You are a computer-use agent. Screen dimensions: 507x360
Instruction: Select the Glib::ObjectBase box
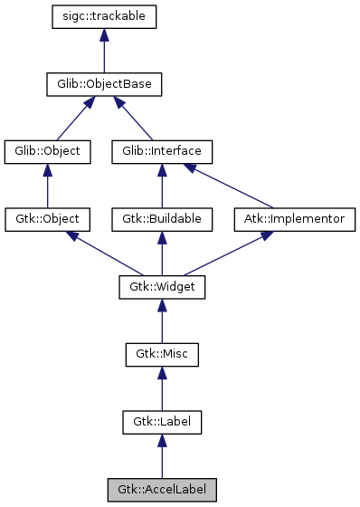tap(105, 85)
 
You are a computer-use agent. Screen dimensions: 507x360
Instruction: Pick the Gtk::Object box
tap(48, 219)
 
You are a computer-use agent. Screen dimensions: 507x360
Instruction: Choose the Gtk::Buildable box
tap(162, 219)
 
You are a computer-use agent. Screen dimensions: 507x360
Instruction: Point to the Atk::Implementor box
tap(295, 219)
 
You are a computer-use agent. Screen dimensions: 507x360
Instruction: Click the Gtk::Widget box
tap(162, 287)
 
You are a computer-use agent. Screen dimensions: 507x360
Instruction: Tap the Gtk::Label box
tap(162, 422)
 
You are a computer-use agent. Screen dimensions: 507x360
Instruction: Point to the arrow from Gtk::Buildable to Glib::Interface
tap(162, 186)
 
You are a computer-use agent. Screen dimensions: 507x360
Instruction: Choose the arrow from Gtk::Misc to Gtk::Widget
tap(162, 320)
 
